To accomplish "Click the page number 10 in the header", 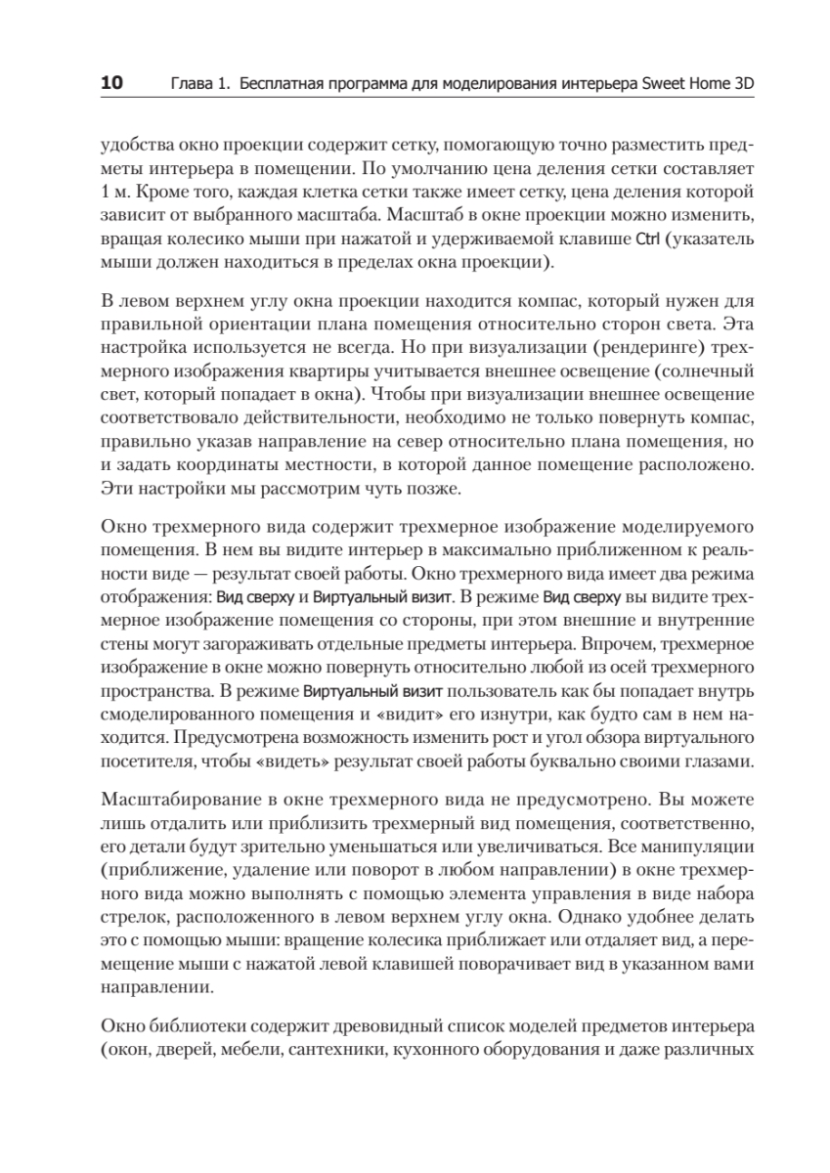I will pyautogui.click(x=111, y=84).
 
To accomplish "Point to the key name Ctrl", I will pyautogui.click(x=648, y=239).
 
